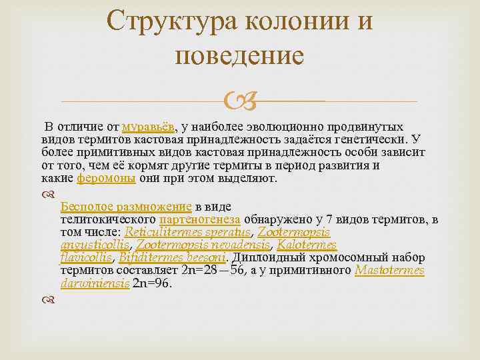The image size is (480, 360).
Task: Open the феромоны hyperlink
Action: tap(107, 179)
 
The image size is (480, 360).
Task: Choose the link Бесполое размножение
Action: tap(125, 206)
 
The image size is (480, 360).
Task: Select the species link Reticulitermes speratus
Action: tap(188, 231)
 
